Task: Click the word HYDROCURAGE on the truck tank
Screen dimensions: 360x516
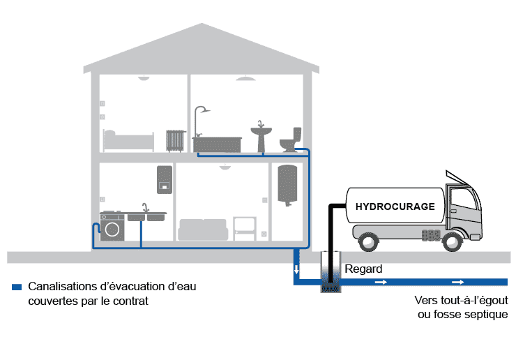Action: pos(395,207)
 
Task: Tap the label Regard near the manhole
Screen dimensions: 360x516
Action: pos(364,269)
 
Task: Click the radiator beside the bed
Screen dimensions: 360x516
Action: pos(174,140)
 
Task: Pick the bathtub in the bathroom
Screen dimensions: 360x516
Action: pos(217,144)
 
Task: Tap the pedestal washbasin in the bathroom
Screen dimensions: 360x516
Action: pos(261,136)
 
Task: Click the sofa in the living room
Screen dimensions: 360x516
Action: pos(203,230)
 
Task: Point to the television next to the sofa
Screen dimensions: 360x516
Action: pos(244,226)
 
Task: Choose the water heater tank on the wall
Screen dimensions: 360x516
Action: pos(287,184)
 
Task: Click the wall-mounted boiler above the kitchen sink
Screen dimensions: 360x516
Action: pos(165,179)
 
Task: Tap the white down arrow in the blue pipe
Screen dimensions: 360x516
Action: pos(296,269)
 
